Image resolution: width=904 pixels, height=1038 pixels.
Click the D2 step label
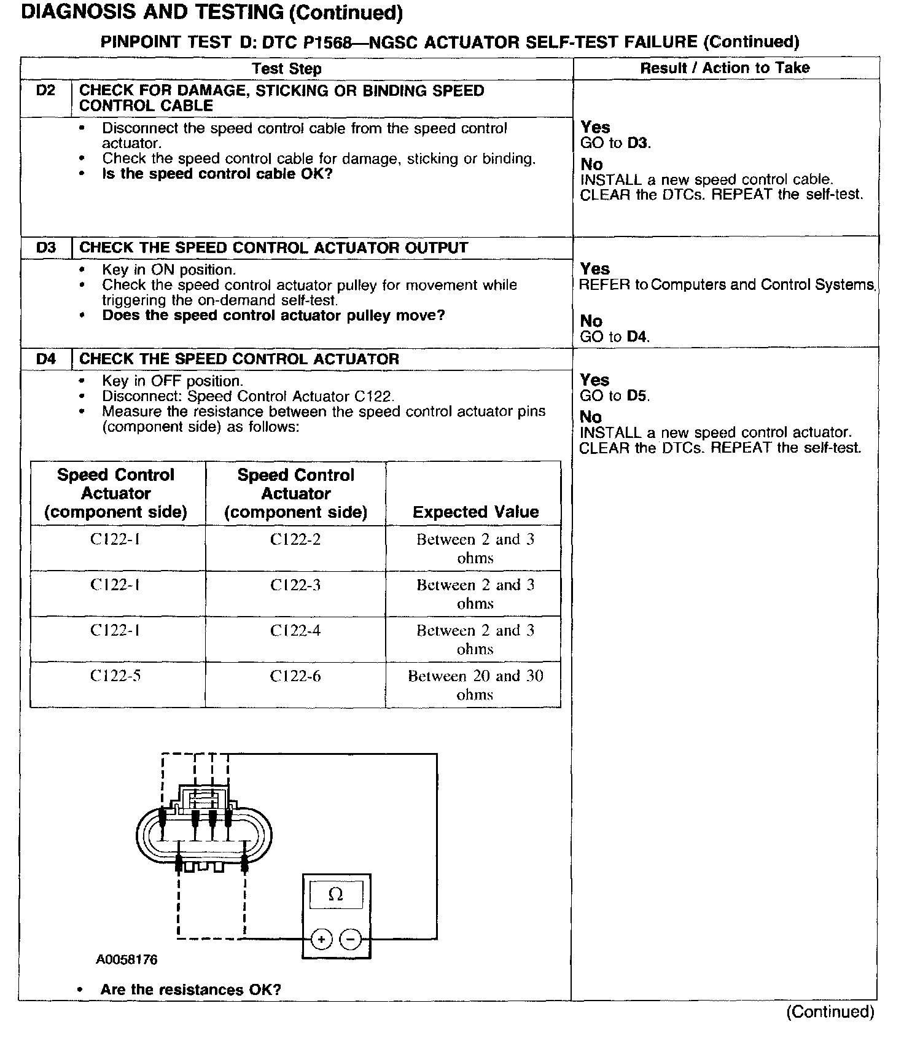click(x=46, y=91)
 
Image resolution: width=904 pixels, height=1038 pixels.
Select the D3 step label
click(x=46, y=248)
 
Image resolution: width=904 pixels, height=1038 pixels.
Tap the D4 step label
click(x=46, y=359)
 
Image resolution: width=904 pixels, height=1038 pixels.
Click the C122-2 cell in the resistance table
click(x=295, y=540)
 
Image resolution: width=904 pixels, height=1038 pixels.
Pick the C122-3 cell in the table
click(x=295, y=585)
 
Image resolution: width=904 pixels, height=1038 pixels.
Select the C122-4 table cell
click(x=295, y=631)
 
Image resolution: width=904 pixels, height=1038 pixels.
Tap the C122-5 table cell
click(x=115, y=676)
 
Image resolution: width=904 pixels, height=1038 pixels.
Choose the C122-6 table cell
click(x=295, y=676)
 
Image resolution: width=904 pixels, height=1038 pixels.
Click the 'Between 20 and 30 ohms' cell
click(x=475, y=685)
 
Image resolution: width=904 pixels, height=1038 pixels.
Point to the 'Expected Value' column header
click(x=475, y=512)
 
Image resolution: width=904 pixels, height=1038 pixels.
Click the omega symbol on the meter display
click(x=335, y=895)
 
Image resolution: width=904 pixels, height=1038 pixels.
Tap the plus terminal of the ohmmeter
click(x=321, y=939)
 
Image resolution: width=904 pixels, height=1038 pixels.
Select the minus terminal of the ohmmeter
click(x=350, y=939)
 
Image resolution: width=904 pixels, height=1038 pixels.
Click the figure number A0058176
click(x=127, y=959)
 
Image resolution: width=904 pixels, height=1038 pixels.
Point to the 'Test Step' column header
click(x=287, y=69)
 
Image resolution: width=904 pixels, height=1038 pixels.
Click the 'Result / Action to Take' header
click(x=725, y=68)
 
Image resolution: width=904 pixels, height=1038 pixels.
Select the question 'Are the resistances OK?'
click(x=190, y=990)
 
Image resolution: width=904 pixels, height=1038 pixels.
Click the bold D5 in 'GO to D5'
click(x=638, y=396)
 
